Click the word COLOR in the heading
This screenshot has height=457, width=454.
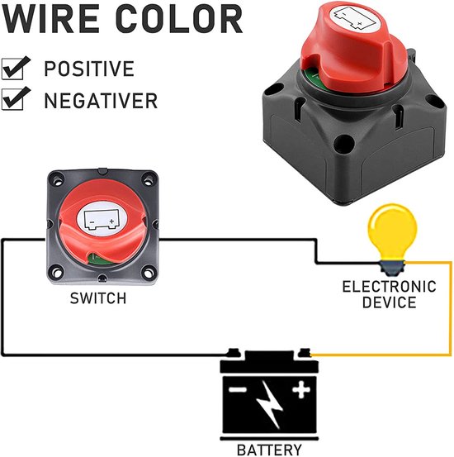pyautogui.click(x=179, y=19)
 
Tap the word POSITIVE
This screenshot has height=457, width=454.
pyautogui.click(x=89, y=69)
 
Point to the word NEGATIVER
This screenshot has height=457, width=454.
pyautogui.click(x=101, y=101)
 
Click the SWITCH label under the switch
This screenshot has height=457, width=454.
pyautogui.click(x=98, y=298)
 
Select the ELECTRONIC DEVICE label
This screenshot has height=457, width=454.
pyautogui.click(x=389, y=294)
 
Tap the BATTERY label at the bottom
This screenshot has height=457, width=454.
pyautogui.click(x=269, y=450)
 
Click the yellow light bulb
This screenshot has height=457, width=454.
pyautogui.click(x=392, y=233)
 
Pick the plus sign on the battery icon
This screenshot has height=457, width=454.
pyautogui.click(x=301, y=389)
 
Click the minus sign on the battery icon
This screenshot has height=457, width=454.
pyautogui.click(x=238, y=390)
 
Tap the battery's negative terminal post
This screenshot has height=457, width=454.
pyautogui.click(x=234, y=353)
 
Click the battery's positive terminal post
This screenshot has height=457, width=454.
pyautogui.click(x=305, y=353)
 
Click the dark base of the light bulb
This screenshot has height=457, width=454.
pyautogui.click(x=392, y=268)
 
